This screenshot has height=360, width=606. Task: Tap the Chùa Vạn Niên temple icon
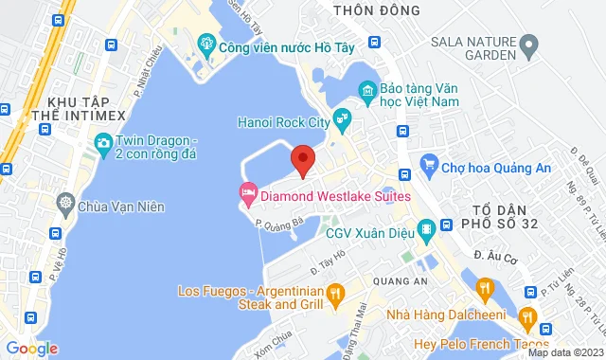65,202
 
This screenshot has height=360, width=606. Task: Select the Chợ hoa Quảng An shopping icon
427,163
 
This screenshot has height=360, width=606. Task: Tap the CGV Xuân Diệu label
365,230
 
